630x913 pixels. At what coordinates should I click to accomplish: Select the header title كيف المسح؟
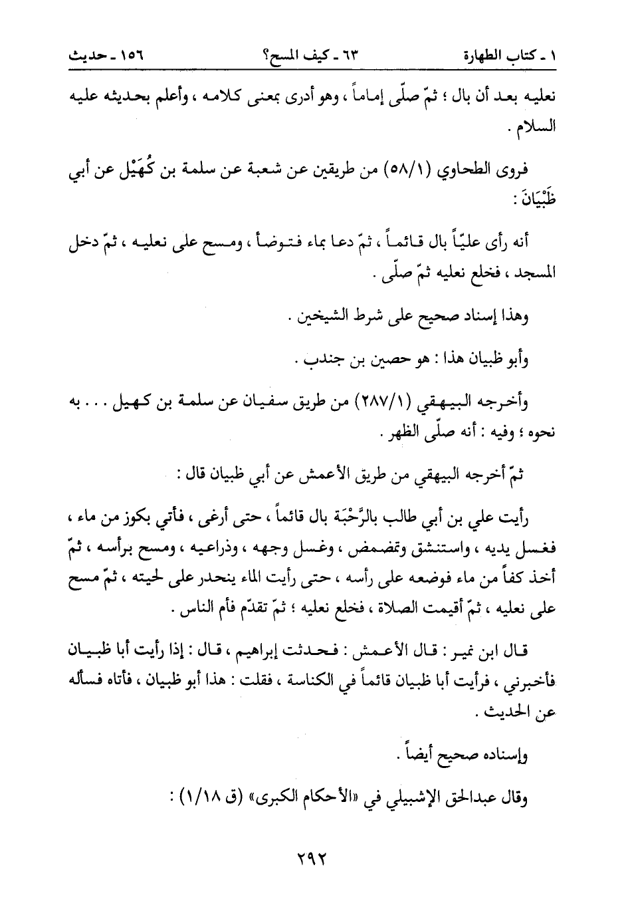coord(315,58)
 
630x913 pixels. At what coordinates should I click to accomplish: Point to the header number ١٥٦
coord(129,58)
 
